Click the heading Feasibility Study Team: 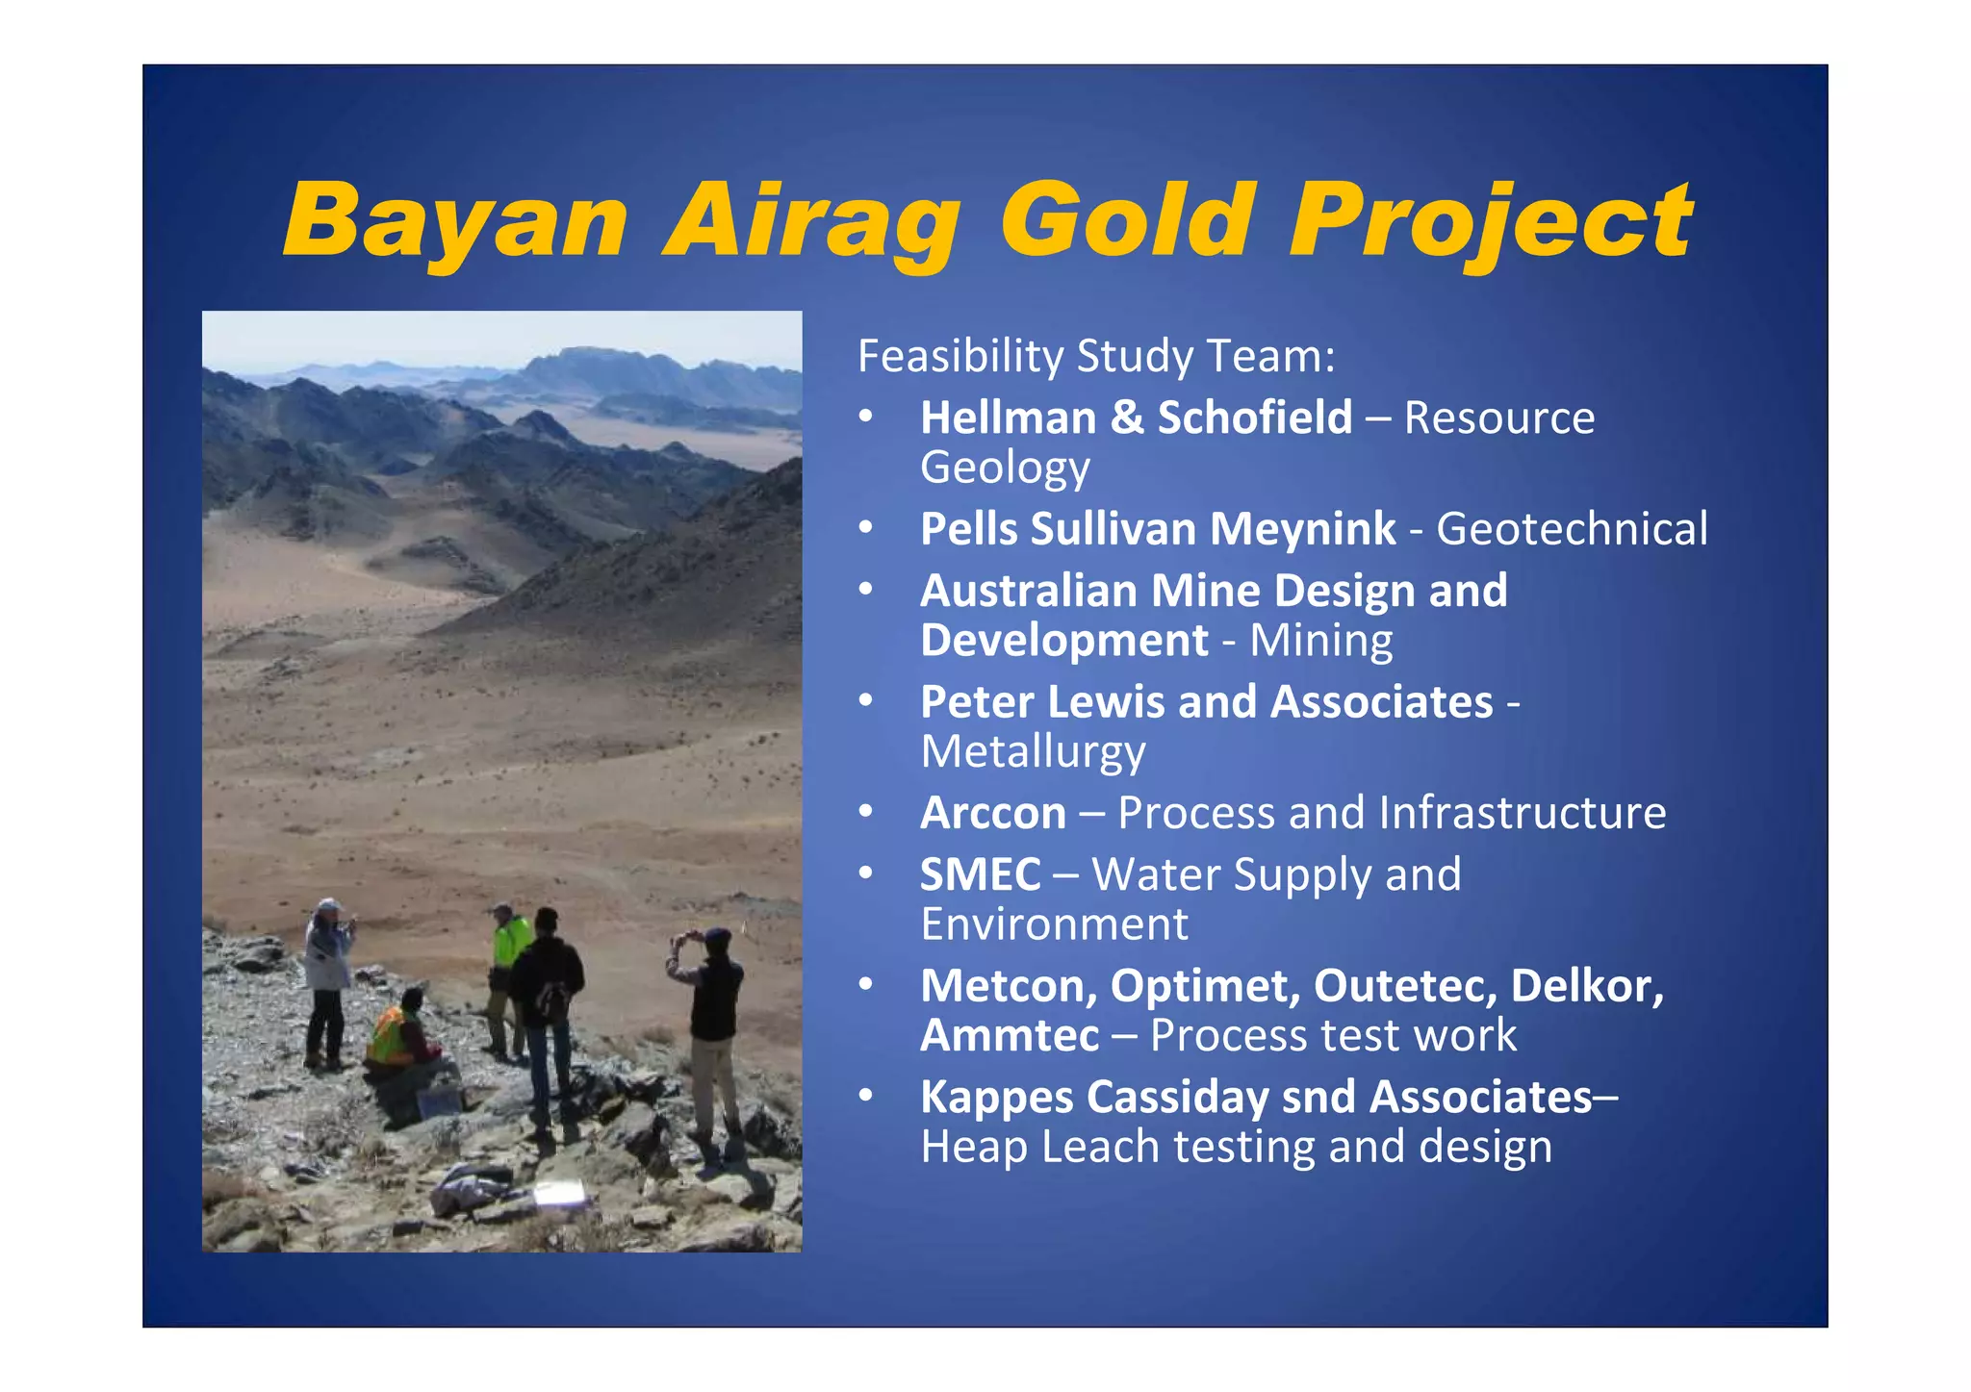(x=1096, y=356)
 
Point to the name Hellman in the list (x=1007, y=418)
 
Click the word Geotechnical (x=1572, y=529)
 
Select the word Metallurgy (x=1033, y=752)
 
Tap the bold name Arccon (x=992, y=814)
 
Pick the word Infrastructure (x=1522, y=814)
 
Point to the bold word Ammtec (x=1009, y=1036)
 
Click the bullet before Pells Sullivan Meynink (x=866, y=528)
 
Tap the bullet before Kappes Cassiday (x=866, y=1096)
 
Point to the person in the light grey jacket (x=327, y=972)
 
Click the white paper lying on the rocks (x=559, y=1194)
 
